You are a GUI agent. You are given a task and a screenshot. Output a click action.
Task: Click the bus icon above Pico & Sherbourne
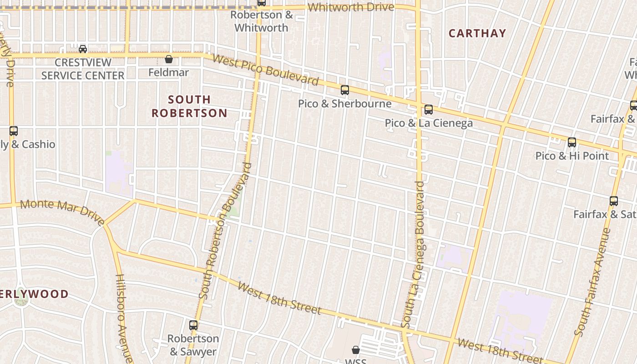pyautogui.click(x=345, y=90)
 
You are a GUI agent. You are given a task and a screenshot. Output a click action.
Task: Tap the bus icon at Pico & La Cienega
pyautogui.click(x=428, y=110)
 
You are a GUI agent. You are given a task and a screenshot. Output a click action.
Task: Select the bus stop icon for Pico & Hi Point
pyautogui.click(x=572, y=142)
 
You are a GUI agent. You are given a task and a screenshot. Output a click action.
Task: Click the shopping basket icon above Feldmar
pyautogui.click(x=169, y=59)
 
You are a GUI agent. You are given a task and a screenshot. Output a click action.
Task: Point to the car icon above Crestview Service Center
pyautogui.click(x=83, y=49)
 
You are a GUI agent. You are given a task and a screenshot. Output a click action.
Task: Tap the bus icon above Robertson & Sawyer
pyautogui.click(x=193, y=325)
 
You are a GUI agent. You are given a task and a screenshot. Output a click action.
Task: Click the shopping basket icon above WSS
pyautogui.click(x=356, y=350)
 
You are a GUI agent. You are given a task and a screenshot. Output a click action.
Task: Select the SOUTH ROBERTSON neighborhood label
pyautogui.click(x=189, y=106)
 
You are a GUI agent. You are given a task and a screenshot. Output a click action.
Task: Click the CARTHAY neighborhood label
pyautogui.click(x=477, y=33)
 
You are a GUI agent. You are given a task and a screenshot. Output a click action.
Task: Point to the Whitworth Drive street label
pyautogui.click(x=351, y=7)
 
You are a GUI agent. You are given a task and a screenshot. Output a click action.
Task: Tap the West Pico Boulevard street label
pyautogui.click(x=265, y=70)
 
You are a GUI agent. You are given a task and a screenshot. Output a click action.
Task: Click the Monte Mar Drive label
pyautogui.click(x=62, y=211)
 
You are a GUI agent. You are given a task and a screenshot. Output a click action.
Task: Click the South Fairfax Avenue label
pyautogui.click(x=592, y=282)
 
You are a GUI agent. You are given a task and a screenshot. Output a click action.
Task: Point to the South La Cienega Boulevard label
pyautogui.click(x=414, y=255)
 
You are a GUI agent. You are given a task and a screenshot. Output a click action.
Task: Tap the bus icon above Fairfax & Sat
pyautogui.click(x=614, y=201)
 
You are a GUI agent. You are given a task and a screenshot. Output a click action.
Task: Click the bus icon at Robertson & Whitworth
pyautogui.click(x=262, y=3)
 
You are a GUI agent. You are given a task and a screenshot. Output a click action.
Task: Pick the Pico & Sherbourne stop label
pyautogui.click(x=344, y=104)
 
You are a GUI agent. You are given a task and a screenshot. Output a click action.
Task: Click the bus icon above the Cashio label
pyautogui.click(x=14, y=131)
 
